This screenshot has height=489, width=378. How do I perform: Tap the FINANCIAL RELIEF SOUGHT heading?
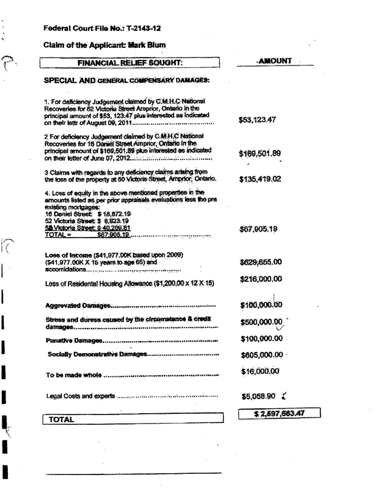[x=133, y=62]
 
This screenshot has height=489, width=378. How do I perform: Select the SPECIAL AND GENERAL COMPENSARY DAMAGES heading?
[x=127, y=81]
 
